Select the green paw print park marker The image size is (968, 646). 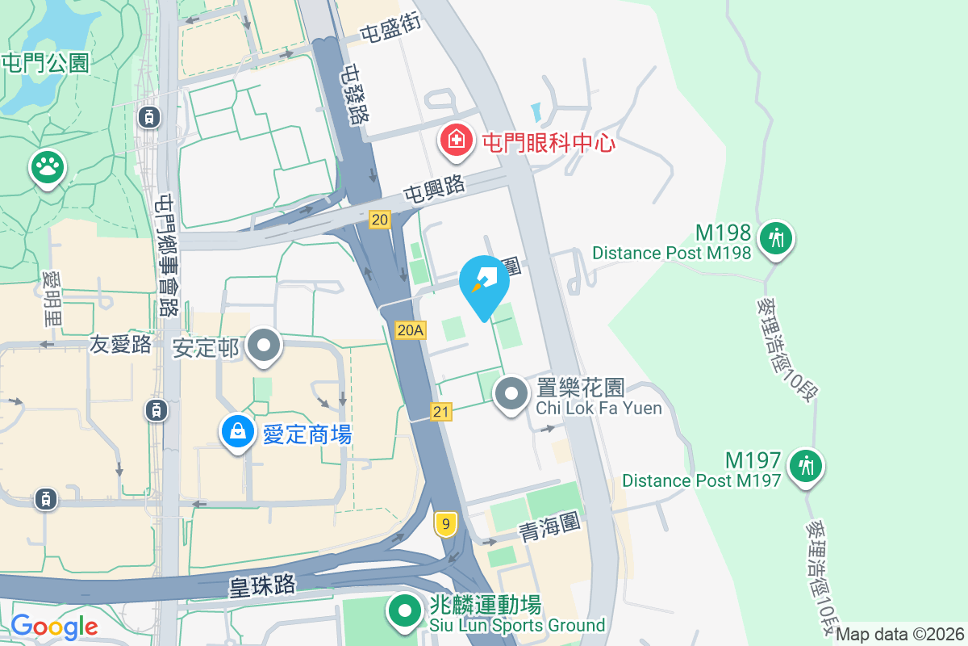click(x=48, y=166)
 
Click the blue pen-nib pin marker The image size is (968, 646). click(x=484, y=280)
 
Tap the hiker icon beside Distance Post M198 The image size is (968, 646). click(x=776, y=238)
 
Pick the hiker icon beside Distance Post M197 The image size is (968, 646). click(x=805, y=465)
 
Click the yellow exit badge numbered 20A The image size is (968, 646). click(x=411, y=329)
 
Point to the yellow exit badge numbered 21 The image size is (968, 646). click(x=440, y=412)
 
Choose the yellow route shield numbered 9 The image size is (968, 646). click(x=444, y=525)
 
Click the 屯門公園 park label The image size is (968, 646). click(x=45, y=62)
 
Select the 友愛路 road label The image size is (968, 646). click(x=120, y=345)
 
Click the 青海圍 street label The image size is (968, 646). click(x=550, y=526)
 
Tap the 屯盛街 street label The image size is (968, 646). click(x=390, y=31)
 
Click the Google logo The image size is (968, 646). click(x=54, y=626)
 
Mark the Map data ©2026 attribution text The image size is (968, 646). click(x=900, y=634)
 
